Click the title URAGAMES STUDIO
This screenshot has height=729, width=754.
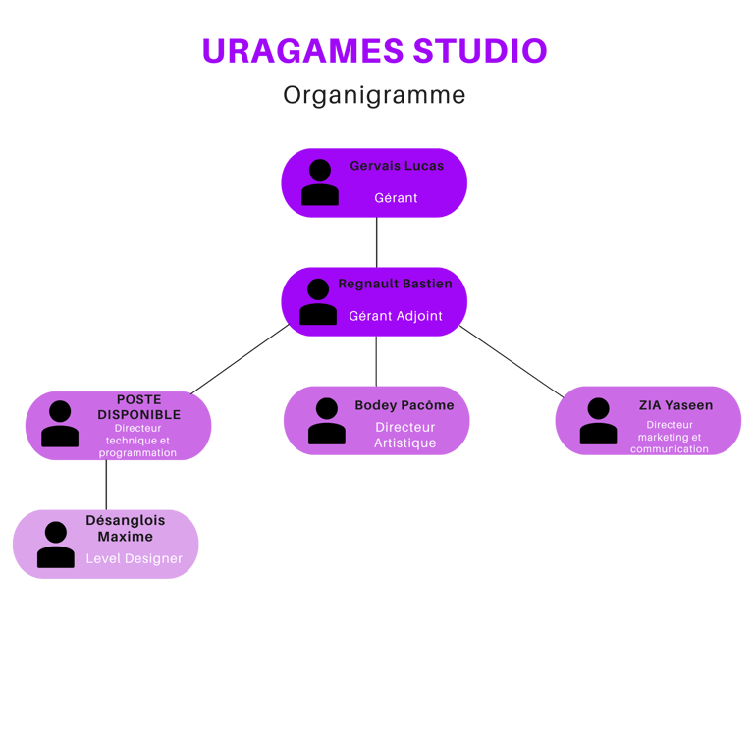[x=374, y=51]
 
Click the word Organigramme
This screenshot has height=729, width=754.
[x=374, y=96]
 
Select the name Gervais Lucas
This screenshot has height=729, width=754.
[x=397, y=166]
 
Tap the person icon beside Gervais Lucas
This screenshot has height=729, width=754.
[x=320, y=182]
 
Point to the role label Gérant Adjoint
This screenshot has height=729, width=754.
[x=396, y=316]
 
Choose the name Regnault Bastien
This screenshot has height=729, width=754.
[x=396, y=284]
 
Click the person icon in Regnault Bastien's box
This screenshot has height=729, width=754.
[x=318, y=301]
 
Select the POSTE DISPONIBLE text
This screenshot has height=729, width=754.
[x=138, y=407]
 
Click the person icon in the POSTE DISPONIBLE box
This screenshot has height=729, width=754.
[x=60, y=424]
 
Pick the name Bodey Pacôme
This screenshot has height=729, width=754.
[x=404, y=405]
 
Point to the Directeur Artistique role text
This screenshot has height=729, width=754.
[x=404, y=435]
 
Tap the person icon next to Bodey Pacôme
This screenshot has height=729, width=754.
[x=327, y=421]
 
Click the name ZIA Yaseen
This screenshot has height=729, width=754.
[x=675, y=405]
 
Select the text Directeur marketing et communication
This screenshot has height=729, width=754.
[x=670, y=437]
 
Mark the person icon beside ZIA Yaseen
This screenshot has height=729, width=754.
[x=598, y=421]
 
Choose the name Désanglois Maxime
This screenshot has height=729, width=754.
[x=126, y=529]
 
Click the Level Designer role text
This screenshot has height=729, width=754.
[x=134, y=558]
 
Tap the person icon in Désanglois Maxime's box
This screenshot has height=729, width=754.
[x=56, y=545]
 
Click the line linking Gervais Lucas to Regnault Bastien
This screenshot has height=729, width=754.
[x=376, y=242]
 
